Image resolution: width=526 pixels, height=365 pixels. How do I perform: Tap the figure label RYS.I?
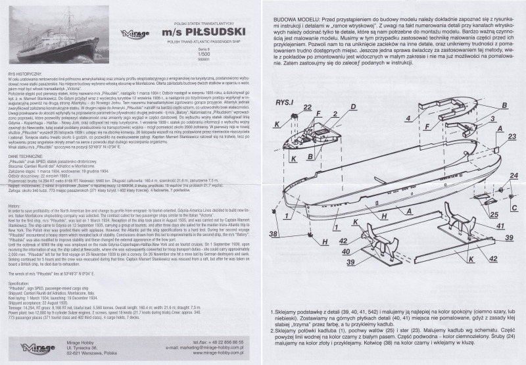click(285, 85)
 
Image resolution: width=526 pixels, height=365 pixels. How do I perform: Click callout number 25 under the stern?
click(494, 214)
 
